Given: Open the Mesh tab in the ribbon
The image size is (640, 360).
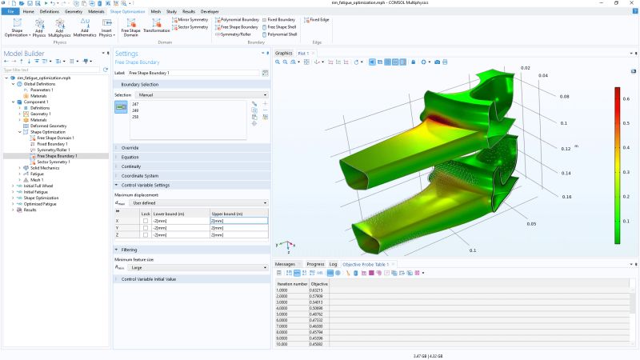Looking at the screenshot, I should tap(156, 12).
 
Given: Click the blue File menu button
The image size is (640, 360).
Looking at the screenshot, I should tap(11, 12).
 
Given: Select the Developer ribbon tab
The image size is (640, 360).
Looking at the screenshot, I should tap(210, 12).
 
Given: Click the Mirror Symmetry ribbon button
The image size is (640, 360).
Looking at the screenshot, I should tap(191, 19).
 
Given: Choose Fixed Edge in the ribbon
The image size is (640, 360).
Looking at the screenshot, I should tap(318, 19).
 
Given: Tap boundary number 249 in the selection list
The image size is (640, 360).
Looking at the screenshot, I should tap(135, 110).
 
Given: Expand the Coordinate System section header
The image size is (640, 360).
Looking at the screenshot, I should tap(140, 175).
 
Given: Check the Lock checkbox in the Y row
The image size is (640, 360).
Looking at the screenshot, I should tap(145, 227).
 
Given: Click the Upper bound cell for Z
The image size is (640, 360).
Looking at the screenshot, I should tap(238, 235).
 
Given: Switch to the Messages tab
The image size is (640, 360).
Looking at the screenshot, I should tap(286, 263).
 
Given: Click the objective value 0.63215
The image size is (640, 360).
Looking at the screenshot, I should tap(318, 290).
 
